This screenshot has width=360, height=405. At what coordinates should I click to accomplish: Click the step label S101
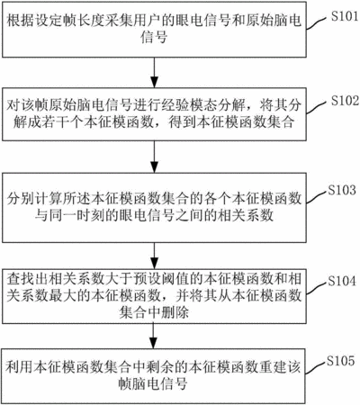click(345, 16)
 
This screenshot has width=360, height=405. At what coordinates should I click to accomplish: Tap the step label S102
click(345, 101)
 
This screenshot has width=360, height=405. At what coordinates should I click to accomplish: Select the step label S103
click(342, 190)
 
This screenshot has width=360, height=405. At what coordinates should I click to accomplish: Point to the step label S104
click(342, 281)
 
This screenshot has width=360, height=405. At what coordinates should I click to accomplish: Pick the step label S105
click(341, 361)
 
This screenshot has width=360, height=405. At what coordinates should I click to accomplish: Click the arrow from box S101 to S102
click(154, 72)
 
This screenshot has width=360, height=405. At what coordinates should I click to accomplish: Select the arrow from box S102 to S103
click(154, 157)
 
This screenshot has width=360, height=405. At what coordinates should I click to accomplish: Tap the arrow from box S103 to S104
click(154, 256)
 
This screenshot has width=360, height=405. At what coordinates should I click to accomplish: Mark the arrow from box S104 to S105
click(154, 336)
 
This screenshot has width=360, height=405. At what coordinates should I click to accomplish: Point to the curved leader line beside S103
click(316, 197)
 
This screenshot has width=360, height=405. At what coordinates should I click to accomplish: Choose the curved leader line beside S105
click(315, 368)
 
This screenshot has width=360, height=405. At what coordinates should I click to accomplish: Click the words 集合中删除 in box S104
click(154, 312)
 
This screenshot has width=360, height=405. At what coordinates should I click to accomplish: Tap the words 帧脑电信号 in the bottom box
click(153, 383)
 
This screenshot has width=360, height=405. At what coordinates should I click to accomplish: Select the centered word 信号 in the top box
click(154, 37)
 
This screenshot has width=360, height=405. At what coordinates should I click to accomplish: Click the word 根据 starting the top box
click(21, 21)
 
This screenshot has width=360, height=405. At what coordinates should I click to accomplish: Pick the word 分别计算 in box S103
click(35, 198)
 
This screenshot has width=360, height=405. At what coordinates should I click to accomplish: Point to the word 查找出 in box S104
click(28, 278)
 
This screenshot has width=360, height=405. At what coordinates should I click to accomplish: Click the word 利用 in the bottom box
click(19, 366)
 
